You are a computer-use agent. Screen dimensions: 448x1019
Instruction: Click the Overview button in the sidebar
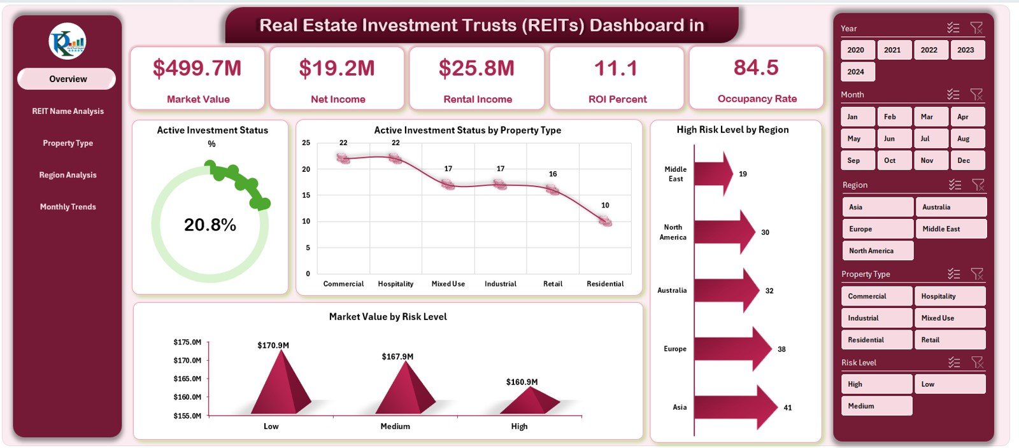(x=67, y=79)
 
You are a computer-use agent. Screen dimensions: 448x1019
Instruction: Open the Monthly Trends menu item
(x=68, y=207)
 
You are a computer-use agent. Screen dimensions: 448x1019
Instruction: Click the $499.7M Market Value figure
(x=197, y=68)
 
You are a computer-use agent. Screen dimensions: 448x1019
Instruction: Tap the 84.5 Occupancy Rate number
(x=756, y=67)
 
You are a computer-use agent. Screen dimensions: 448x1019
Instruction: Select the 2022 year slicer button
(x=929, y=50)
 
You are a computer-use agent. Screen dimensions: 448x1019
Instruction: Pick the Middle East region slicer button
(x=950, y=229)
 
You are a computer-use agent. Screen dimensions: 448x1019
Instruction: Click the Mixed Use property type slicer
(x=949, y=318)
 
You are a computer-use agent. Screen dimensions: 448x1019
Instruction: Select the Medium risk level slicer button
(x=876, y=406)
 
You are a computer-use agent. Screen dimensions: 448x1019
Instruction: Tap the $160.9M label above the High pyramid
(x=522, y=382)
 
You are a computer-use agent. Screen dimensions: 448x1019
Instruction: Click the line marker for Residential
(x=605, y=221)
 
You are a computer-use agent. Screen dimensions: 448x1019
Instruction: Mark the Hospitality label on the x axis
(x=395, y=284)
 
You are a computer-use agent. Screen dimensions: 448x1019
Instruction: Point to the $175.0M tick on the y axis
(x=187, y=342)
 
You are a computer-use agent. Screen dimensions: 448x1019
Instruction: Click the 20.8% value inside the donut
(x=210, y=225)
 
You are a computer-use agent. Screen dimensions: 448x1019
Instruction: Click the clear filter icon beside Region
(x=978, y=185)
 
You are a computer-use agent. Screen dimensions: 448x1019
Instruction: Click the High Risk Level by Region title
(x=732, y=130)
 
